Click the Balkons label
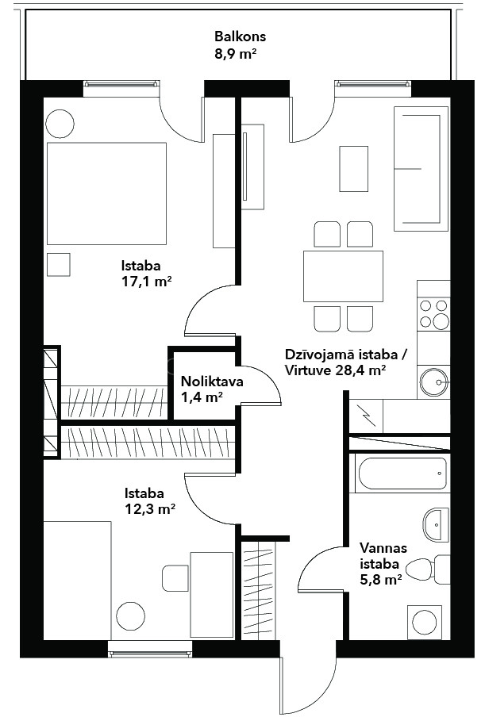coord(241,36)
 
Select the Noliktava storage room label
coord(212,382)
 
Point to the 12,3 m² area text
coord(151,509)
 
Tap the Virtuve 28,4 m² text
coord(334,370)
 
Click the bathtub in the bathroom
coord(402,474)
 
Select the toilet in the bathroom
coord(429,569)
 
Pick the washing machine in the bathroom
coord(425,623)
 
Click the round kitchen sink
coord(433,382)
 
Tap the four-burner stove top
coord(433,314)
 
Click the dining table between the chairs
coord(343,276)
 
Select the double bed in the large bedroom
coord(106,194)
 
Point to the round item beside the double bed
coord(60,124)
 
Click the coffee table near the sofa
coord(354,169)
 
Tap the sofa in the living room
coord(421,167)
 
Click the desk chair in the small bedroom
coord(175,578)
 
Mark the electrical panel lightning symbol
coord(367,415)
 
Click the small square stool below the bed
coord(59,265)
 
